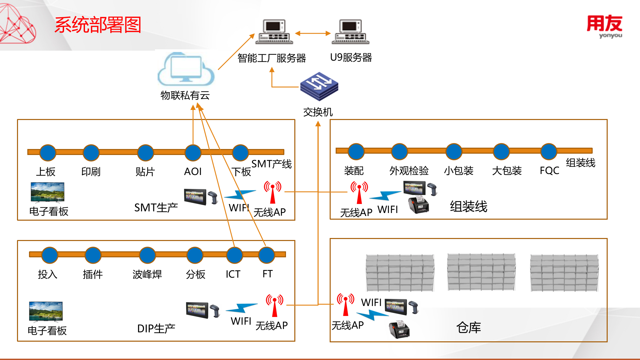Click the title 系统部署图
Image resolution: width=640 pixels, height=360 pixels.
98,25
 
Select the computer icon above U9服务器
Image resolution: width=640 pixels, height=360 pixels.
350,32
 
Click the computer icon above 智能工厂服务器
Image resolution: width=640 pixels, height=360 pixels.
274,32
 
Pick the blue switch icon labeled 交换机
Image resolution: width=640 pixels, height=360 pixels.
319,86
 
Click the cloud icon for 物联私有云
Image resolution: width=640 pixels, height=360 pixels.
186,69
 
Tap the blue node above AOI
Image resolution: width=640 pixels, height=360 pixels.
193,153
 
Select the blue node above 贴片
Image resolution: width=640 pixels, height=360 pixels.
145,153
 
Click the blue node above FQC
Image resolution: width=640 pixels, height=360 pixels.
549,152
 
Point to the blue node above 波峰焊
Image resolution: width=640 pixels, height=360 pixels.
147,255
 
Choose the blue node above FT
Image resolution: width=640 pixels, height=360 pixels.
266,255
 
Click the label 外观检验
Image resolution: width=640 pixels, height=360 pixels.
409,171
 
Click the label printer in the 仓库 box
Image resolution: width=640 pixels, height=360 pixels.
399,329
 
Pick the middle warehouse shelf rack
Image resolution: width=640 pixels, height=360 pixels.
481,272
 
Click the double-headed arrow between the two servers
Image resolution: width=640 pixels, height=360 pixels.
313,33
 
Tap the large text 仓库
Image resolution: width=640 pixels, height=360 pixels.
468,328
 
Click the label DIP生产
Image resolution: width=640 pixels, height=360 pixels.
156,329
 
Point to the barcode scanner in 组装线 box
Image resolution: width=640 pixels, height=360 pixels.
432,189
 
